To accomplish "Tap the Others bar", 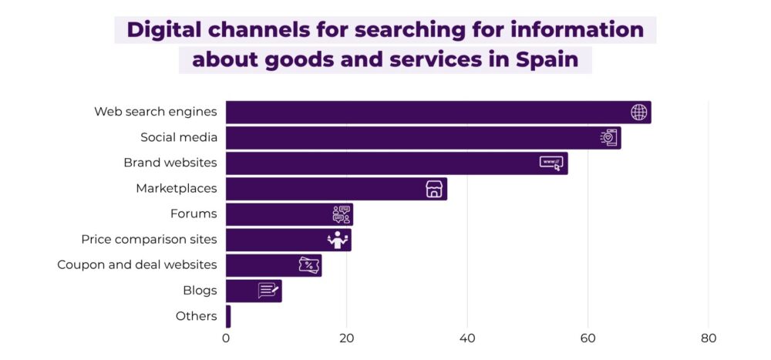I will tap(228, 316).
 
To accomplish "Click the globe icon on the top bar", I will tap(638, 113).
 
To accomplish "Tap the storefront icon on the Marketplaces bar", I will tap(434, 189).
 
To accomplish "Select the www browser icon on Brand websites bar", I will tap(550, 163).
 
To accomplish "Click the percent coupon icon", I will tap(309, 265).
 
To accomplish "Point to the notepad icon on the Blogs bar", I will tap(268, 291).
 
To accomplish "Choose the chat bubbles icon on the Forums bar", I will tap(341, 214).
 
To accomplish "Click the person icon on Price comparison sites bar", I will tap(338, 240).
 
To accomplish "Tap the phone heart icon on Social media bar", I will tap(609, 138).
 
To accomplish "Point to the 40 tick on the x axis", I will tap(467, 338).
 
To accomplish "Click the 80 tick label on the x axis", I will tap(709, 338).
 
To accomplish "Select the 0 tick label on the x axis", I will tap(226, 338).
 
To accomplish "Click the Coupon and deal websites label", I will tap(136, 264).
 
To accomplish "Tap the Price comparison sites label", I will tap(149, 239).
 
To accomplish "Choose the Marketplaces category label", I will tap(176, 188).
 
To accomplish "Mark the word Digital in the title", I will tap(162, 29).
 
